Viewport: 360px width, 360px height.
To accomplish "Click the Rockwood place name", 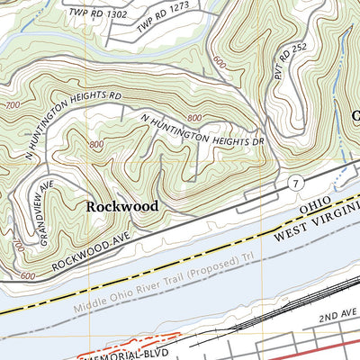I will tap(122, 206).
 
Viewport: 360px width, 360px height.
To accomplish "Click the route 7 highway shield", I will tap(296, 184).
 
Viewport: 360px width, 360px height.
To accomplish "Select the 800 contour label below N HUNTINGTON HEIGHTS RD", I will tap(96, 144).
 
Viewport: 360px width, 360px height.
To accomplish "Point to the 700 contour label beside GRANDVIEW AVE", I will tap(19, 245).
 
